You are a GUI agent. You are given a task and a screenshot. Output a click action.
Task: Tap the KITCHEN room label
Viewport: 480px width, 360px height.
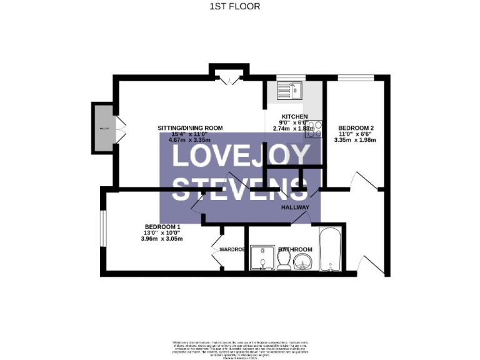pos(294,117)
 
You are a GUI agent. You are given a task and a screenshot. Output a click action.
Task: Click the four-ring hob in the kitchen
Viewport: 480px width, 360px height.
pos(312,128)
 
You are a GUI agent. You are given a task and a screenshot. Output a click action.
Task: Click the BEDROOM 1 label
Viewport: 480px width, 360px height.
pos(162,227)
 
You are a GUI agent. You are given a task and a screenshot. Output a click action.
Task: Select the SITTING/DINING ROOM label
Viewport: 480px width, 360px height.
pos(190,128)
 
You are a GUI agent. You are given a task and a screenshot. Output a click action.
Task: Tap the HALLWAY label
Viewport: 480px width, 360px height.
pos(295,207)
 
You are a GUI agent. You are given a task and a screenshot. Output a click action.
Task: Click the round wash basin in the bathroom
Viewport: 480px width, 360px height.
pos(303,261)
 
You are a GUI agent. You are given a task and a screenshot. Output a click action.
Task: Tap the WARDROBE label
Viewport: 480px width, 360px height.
pos(231,250)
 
